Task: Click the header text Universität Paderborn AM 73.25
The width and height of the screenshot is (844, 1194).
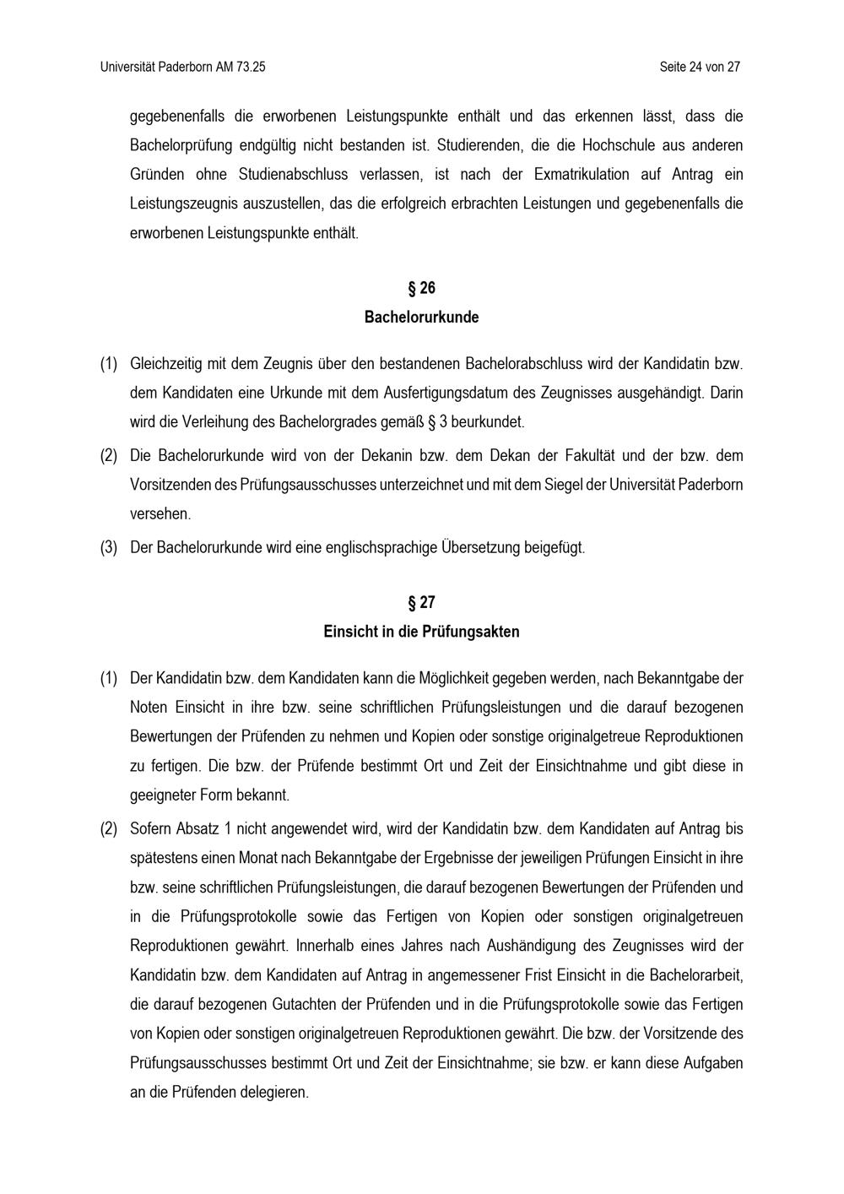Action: (x=182, y=67)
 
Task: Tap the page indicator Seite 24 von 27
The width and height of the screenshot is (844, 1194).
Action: (x=700, y=67)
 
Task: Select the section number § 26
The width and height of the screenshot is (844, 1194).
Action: (x=422, y=289)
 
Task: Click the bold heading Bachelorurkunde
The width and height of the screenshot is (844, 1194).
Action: (x=422, y=317)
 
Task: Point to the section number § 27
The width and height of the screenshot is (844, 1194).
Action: (x=422, y=603)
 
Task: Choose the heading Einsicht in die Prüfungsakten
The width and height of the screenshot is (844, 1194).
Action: (x=422, y=632)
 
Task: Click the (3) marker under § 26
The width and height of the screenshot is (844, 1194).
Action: (x=109, y=547)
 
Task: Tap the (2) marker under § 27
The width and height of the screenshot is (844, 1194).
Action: (x=109, y=828)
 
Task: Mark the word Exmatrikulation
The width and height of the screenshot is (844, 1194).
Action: (x=582, y=175)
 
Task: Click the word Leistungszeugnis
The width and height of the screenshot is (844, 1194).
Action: (x=179, y=204)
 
